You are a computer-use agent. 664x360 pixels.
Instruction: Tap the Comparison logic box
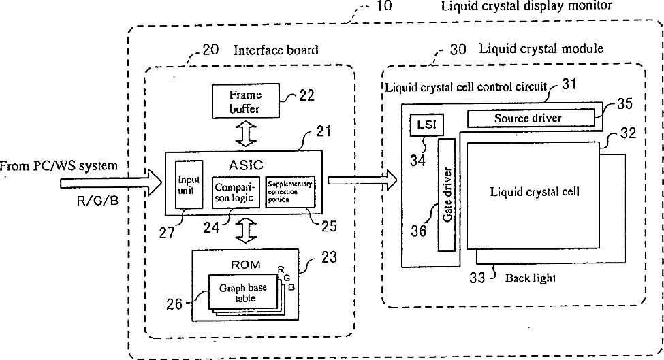pos(233,191)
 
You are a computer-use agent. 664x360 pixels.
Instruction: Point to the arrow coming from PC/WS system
pos(109,183)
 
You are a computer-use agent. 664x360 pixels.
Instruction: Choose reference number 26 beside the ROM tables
pos(174,304)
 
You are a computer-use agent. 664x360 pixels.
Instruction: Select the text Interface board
pos(276,50)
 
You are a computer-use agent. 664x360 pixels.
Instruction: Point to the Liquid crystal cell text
pos(535,191)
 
